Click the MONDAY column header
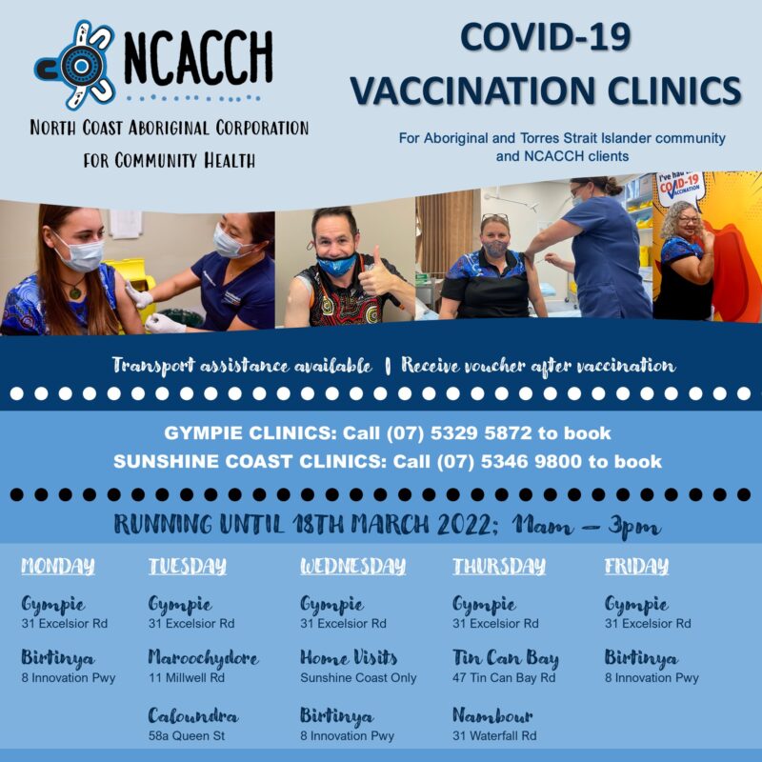pyautogui.click(x=58, y=567)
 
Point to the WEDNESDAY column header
pyautogui.click(x=352, y=567)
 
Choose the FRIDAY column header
pyautogui.click(x=636, y=567)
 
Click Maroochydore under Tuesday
pyautogui.click(x=203, y=658)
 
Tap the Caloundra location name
pyautogui.click(x=192, y=715)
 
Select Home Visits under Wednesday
pyautogui.click(x=349, y=658)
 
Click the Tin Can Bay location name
pyautogui.click(x=505, y=658)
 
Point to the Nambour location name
pyautogui.click(x=492, y=715)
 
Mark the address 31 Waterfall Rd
pyautogui.click(x=493, y=735)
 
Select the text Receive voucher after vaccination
pyautogui.click(x=539, y=366)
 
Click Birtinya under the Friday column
pyautogui.click(x=641, y=658)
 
